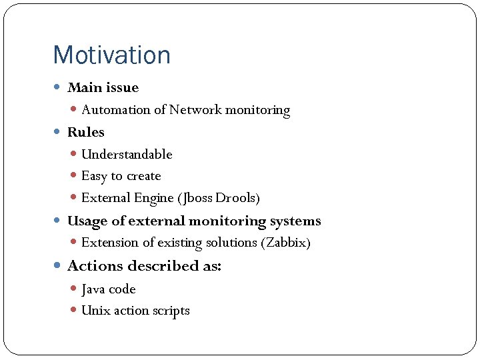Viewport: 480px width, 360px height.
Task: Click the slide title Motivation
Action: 111,55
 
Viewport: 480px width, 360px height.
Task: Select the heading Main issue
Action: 103,87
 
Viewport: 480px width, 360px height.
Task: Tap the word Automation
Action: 116,110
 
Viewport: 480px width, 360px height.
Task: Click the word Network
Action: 195,110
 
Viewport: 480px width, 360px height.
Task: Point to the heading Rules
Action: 86,132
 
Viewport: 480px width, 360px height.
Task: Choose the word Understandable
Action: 127,154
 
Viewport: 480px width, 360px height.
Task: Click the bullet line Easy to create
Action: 121,176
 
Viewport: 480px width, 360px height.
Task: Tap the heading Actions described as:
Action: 144,266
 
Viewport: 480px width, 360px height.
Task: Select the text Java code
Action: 108,289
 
